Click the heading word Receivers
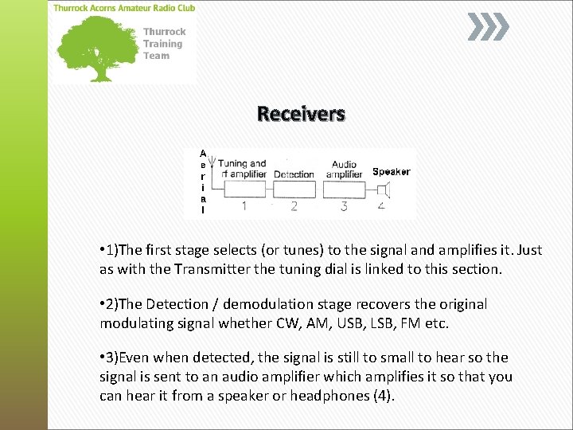[301, 114]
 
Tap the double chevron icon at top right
[487, 28]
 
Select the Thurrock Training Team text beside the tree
[163, 44]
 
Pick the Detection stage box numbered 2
[294, 189]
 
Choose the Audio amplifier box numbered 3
[344, 189]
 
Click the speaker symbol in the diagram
[384, 190]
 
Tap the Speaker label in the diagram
[391, 172]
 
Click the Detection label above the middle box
[294, 174]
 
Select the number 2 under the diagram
[294, 207]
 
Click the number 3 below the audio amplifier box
[344, 207]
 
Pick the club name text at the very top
[123, 8]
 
